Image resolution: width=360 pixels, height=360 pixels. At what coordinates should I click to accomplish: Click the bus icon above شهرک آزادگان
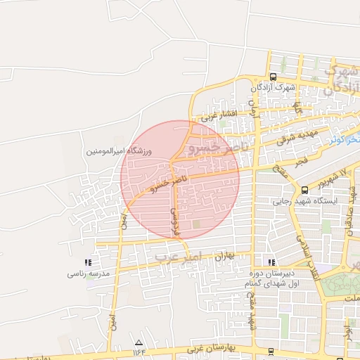coord(273,77)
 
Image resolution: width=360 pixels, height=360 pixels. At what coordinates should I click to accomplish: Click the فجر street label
coord(302,161)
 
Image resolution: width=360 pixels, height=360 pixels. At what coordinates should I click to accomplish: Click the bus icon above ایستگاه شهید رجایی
coord(304,190)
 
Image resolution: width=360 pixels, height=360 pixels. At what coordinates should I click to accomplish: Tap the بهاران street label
coord(222,257)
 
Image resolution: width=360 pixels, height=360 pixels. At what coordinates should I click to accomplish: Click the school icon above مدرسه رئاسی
coord(87,262)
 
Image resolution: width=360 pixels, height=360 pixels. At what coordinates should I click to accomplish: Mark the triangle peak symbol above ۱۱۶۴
coord(138,342)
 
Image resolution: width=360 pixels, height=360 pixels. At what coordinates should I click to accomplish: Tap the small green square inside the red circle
coord(196,224)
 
